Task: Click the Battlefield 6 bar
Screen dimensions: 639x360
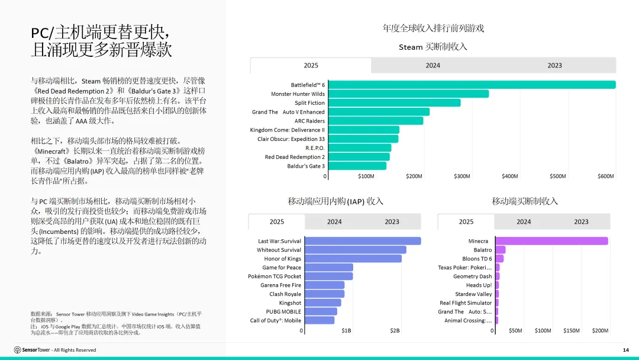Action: point(472,85)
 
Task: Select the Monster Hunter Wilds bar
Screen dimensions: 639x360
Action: point(408,94)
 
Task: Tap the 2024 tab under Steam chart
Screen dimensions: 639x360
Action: point(433,65)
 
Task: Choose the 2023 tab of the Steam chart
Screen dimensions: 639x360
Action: point(554,65)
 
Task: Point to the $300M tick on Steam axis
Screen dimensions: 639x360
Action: point(461,176)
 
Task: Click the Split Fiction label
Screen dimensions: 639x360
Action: point(309,103)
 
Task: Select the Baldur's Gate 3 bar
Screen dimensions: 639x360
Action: point(357,166)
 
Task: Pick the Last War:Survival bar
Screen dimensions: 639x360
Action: point(363,241)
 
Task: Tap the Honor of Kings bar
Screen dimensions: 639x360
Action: point(353,259)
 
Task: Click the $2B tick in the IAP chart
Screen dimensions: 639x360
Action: point(395,330)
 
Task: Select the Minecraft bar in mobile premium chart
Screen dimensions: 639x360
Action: point(552,241)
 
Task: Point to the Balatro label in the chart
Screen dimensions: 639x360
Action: point(483,250)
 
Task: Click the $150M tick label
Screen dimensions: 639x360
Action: point(572,330)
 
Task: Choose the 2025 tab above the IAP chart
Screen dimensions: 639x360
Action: point(277,222)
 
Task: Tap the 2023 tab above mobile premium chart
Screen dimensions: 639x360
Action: point(581,222)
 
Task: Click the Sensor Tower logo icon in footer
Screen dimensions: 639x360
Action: point(18,350)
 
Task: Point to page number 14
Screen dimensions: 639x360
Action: point(626,350)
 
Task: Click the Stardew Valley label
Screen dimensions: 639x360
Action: point(473,294)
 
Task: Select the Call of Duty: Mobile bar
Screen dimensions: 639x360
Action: point(319,320)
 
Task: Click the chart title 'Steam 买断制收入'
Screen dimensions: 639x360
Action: point(433,47)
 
